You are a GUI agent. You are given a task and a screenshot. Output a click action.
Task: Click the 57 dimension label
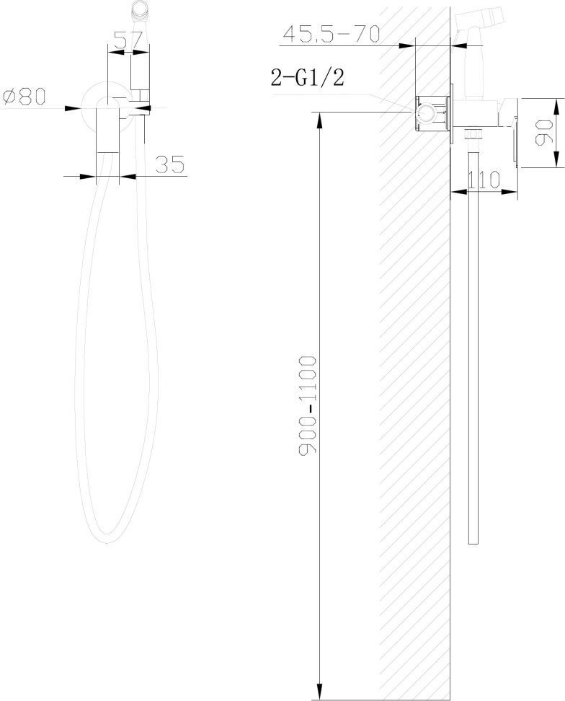(x=128, y=40)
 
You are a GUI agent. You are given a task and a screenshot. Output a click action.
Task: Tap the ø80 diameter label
(x=25, y=97)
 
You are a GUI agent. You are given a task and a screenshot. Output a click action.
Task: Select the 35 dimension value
(x=170, y=164)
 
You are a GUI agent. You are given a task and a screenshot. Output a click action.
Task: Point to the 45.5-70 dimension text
(x=332, y=34)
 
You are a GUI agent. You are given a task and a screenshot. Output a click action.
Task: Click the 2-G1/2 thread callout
(x=307, y=77)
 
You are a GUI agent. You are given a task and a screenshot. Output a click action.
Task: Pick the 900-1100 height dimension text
(x=307, y=405)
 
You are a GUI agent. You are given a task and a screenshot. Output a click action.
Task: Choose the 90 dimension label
(x=545, y=132)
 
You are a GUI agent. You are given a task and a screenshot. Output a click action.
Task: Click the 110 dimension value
(x=484, y=180)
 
